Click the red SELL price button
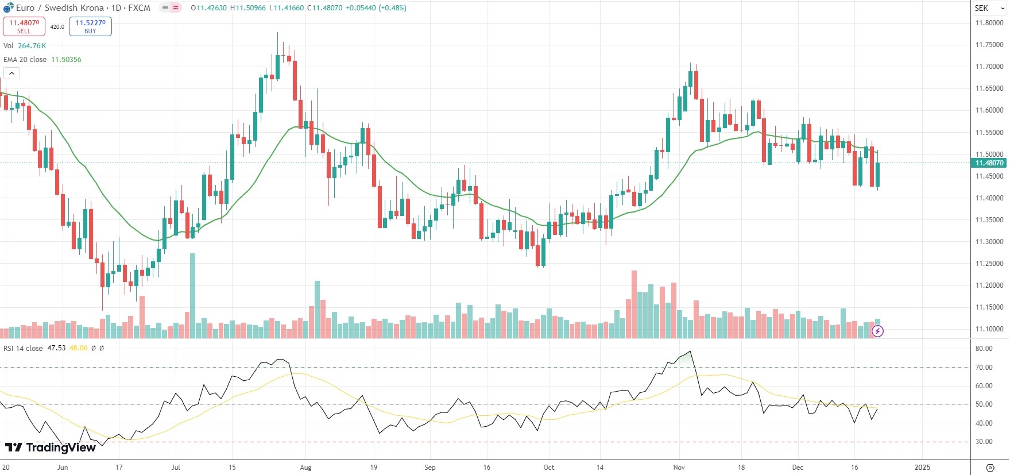[x=24, y=26]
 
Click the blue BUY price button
[x=90, y=26]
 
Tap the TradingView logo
[x=51, y=447]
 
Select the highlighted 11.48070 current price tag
[x=989, y=163]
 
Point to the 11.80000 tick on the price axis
[x=989, y=23]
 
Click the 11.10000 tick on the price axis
[x=989, y=329]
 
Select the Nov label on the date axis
[x=679, y=468]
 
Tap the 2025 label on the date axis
[x=922, y=468]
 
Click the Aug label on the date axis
[x=305, y=468]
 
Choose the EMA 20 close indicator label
[x=25, y=60]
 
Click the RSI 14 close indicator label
[x=23, y=348]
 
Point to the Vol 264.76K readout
[x=25, y=46]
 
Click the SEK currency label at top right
[x=981, y=8]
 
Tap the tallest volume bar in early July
[x=192, y=296]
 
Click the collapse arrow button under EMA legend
[x=11, y=73]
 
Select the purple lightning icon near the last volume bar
[x=877, y=331]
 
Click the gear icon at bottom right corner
[x=990, y=468]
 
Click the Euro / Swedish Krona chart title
[x=60, y=8]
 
